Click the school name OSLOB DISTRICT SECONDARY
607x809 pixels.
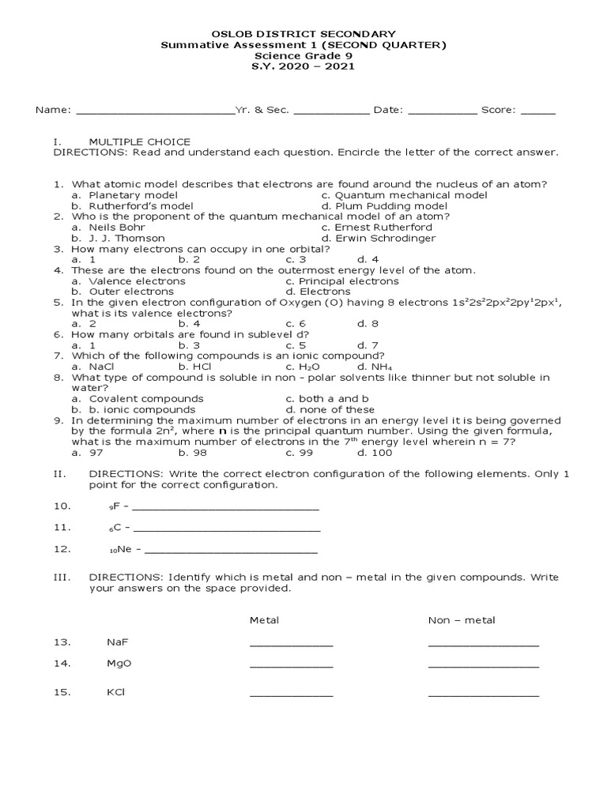[x=303, y=34]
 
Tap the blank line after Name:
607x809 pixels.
[x=155, y=111]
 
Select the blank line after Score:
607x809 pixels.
[x=538, y=111]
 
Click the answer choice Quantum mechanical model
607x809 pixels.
[x=410, y=195]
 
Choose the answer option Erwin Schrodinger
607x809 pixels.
[x=384, y=238]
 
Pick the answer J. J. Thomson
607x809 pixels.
[x=126, y=238]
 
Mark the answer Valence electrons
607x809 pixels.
[x=137, y=281]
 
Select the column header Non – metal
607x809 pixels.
[x=462, y=620]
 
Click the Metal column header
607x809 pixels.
[x=264, y=620]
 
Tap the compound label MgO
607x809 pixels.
[x=119, y=664]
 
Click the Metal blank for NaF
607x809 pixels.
[x=291, y=644]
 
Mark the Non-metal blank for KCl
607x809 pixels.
[x=483, y=694]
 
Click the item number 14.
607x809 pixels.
[x=62, y=664]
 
